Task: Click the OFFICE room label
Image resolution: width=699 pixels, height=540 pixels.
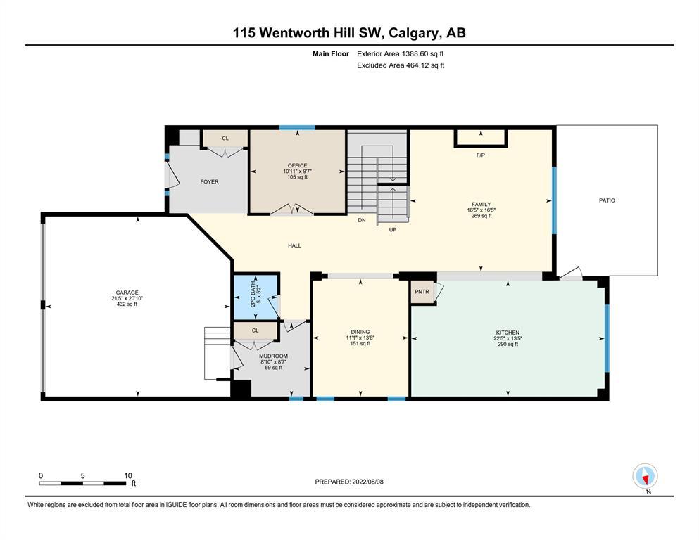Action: [297, 165]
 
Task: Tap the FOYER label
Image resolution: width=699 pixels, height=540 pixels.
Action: [210, 181]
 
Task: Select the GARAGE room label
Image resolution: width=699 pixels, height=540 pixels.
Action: [127, 292]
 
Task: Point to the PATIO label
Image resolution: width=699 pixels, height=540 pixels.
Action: [607, 200]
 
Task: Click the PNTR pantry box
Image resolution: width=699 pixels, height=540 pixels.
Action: [422, 292]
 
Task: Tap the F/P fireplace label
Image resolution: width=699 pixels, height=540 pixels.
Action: [481, 155]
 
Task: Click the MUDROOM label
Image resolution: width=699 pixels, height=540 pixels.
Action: [273, 356]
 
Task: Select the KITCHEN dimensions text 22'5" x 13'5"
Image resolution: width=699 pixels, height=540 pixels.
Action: [508, 338]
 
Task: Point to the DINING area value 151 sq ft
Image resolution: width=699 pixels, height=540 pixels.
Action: [360, 343]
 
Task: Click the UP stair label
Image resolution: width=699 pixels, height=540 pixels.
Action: [393, 230]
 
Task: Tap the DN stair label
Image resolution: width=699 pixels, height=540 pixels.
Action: [362, 220]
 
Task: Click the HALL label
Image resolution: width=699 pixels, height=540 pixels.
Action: [295, 245]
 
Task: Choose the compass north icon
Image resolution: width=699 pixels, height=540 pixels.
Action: [645, 477]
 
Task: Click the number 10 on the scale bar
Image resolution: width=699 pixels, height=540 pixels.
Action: [128, 475]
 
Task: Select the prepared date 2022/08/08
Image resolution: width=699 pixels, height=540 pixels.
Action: [367, 482]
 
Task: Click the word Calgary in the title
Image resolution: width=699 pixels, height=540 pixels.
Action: [412, 33]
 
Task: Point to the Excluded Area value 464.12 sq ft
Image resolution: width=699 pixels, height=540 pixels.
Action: [425, 65]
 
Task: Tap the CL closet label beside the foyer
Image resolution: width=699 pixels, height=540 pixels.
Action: [225, 138]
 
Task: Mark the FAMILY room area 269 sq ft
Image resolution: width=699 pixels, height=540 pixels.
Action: [481, 215]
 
